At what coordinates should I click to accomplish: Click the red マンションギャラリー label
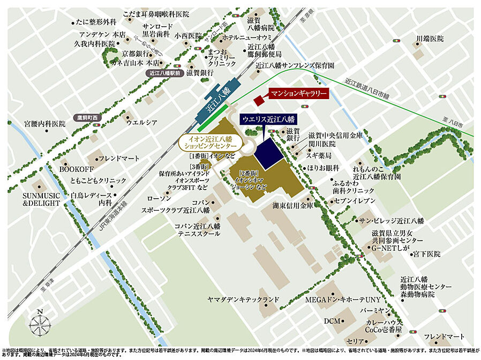click(x=298, y=93)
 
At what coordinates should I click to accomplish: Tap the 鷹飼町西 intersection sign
click(x=88, y=117)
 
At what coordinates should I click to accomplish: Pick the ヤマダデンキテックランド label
click(x=244, y=298)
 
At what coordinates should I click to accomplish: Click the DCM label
click(x=332, y=320)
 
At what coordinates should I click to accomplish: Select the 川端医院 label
click(x=430, y=39)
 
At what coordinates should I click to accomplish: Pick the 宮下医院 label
click(x=426, y=253)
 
